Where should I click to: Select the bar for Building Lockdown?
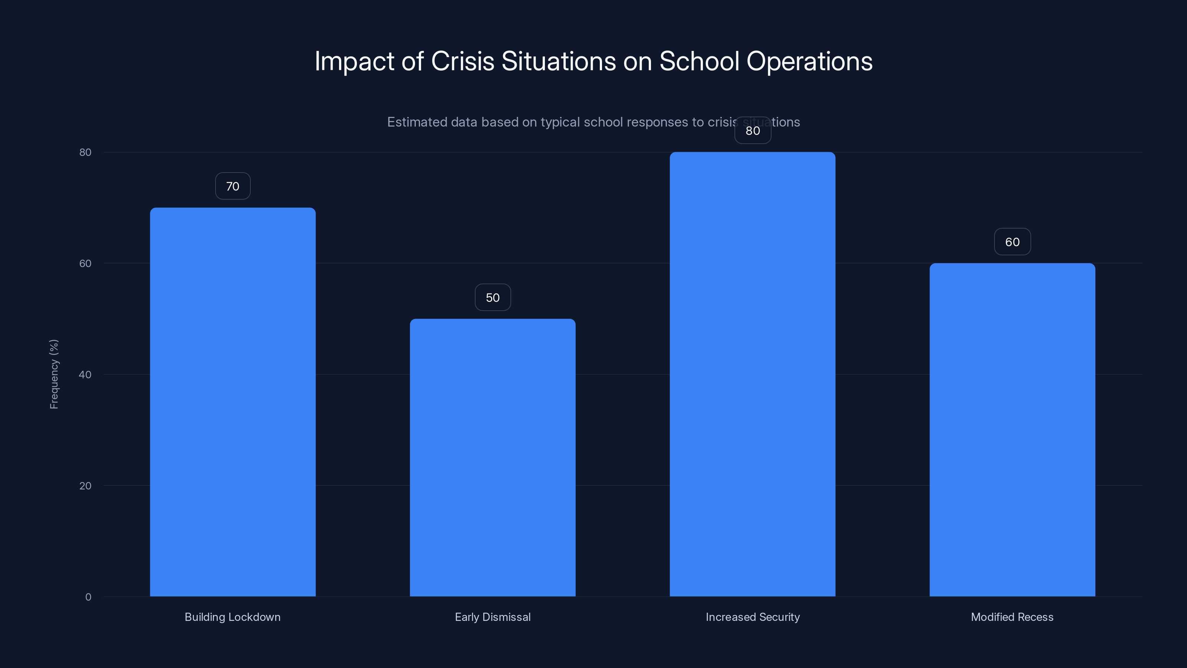point(233,402)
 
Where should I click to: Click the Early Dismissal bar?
point(493,457)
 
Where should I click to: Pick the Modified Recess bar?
point(1012,430)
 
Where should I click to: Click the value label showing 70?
point(233,186)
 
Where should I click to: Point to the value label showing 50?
point(493,297)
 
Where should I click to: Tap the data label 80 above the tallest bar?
point(753,131)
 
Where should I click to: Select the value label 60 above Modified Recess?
point(1012,242)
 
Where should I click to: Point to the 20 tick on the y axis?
point(85,486)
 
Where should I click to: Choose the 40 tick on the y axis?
point(85,375)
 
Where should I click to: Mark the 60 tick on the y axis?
point(85,263)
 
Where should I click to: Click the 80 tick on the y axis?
point(85,152)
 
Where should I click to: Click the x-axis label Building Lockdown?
point(232,617)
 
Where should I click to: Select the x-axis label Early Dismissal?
point(493,617)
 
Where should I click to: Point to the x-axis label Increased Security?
point(753,617)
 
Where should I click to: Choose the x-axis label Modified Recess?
point(1012,617)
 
